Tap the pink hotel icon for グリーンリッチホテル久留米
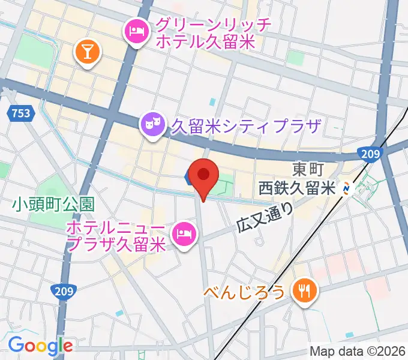point(136,31)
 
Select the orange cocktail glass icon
point(87,52)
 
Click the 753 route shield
point(20,112)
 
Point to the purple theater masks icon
point(152,125)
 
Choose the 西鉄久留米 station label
point(296,188)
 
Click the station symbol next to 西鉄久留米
point(347,188)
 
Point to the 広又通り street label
point(265,217)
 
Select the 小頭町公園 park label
point(53,204)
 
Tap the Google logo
point(40,345)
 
